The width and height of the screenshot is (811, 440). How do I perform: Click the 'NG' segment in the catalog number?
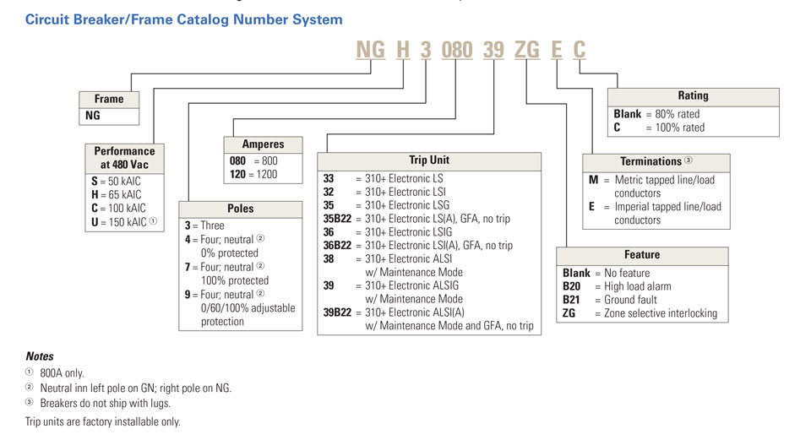click(x=370, y=50)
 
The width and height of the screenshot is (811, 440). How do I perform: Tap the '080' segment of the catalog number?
click(x=457, y=50)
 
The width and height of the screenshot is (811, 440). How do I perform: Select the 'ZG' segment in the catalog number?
click(x=527, y=50)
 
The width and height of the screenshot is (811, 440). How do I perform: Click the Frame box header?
click(x=109, y=99)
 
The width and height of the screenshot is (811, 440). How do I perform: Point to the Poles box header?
click(x=241, y=209)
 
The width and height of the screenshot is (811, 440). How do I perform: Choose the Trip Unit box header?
click(x=429, y=160)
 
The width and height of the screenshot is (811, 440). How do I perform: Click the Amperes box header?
click(x=263, y=144)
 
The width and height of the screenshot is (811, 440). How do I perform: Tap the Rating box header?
click(x=693, y=96)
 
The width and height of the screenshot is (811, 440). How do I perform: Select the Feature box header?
click(x=643, y=255)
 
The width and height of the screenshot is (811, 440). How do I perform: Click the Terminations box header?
click(x=656, y=161)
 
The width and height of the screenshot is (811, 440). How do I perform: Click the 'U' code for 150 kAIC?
click(x=94, y=222)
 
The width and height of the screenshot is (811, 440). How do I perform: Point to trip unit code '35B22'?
click(x=337, y=219)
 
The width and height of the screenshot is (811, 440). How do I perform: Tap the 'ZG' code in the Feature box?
click(x=570, y=313)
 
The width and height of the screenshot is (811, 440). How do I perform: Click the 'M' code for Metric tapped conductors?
click(x=593, y=180)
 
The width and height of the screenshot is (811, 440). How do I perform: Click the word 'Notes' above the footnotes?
click(x=40, y=356)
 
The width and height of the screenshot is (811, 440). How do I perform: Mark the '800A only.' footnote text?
click(x=62, y=373)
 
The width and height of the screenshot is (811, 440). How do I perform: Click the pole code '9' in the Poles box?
click(x=188, y=294)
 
